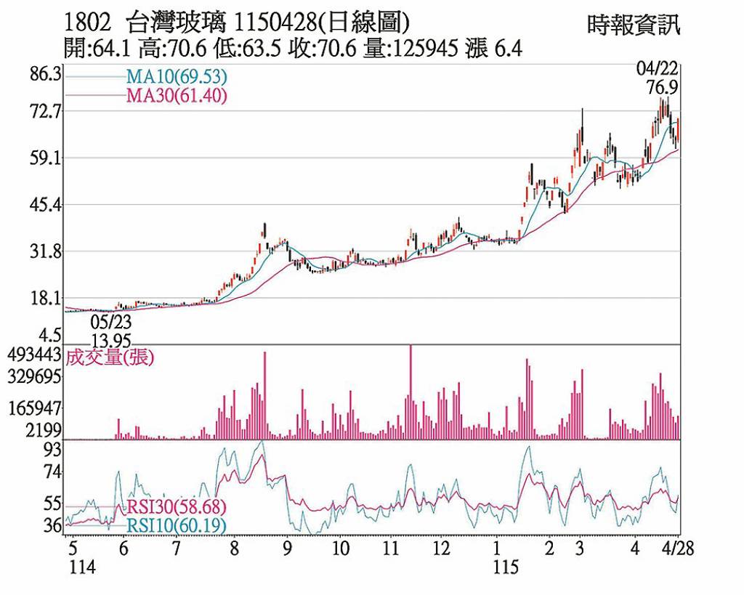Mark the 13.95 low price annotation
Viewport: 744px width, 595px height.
pos(111,339)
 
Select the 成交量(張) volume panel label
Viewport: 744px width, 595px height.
pos(110,357)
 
